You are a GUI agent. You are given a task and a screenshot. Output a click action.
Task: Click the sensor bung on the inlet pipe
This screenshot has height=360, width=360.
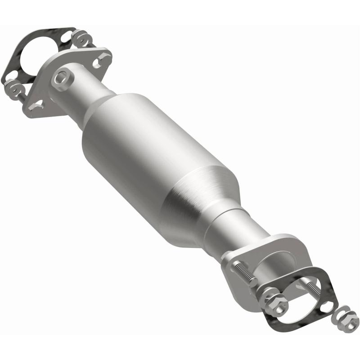click(x=62, y=78)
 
